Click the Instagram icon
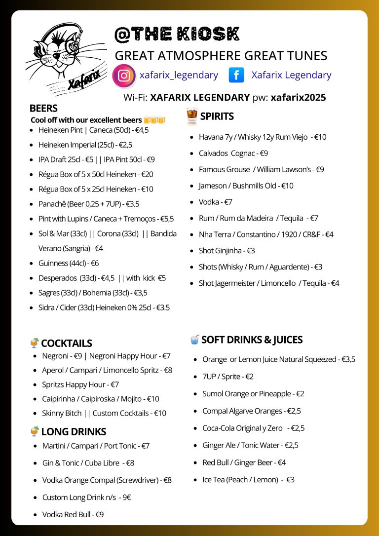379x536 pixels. click(x=124, y=76)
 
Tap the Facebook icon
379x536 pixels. click(x=237, y=75)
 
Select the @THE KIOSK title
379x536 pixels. click(x=177, y=34)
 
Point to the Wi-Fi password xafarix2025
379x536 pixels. click(x=298, y=98)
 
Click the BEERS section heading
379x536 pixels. click(x=43, y=108)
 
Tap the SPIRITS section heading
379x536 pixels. click(x=217, y=116)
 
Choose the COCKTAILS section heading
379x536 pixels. click(x=66, y=344)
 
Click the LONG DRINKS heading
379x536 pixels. click(x=74, y=432)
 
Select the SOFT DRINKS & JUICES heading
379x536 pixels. click(x=252, y=340)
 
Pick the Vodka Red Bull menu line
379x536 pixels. click(x=73, y=514)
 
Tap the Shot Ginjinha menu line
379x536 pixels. click(x=227, y=251)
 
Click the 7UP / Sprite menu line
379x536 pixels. click(x=227, y=377)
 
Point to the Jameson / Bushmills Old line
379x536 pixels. click(x=246, y=186)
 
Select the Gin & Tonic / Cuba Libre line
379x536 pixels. click(x=88, y=463)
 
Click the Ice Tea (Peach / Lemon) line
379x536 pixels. click(x=248, y=480)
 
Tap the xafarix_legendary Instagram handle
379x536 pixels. click(x=179, y=75)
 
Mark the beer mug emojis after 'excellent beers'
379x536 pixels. click(x=154, y=120)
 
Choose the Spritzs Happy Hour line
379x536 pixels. click(x=80, y=384)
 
